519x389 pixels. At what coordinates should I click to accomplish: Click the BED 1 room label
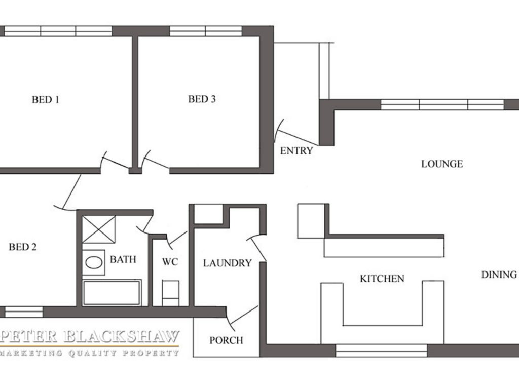(x=46, y=100)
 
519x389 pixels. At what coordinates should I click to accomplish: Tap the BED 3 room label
(x=202, y=99)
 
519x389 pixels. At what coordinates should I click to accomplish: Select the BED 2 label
(x=22, y=247)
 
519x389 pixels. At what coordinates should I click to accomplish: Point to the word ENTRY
(x=296, y=151)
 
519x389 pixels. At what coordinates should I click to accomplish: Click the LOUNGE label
(x=442, y=164)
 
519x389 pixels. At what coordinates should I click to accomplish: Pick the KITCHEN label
(x=382, y=279)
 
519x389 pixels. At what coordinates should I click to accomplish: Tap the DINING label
(x=499, y=275)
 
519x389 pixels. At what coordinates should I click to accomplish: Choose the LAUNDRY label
(x=228, y=263)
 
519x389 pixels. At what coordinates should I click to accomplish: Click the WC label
(x=170, y=262)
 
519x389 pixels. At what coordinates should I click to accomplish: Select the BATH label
(x=123, y=259)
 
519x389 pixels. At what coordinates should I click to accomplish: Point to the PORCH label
(x=227, y=340)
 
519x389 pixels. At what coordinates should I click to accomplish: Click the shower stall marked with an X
(x=99, y=229)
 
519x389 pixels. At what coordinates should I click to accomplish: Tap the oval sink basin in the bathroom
(x=94, y=263)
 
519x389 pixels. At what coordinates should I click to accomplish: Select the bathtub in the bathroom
(x=112, y=293)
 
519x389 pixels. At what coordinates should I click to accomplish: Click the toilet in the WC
(x=171, y=293)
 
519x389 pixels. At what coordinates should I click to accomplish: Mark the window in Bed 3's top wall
(x=206, y=31)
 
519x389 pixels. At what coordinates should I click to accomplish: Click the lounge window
(x=442, y=104)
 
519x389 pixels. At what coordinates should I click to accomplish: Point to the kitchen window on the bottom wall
(x=381, y=351)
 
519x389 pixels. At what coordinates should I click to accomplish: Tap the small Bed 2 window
(x=24, y=312)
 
